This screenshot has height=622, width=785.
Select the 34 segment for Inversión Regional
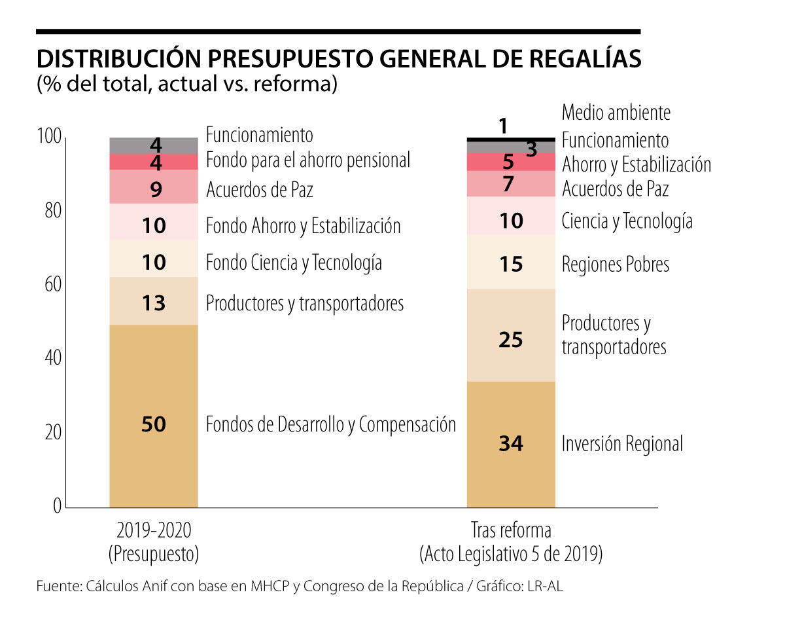click(511, 444)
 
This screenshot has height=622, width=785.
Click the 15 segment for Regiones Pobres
click(511, 263)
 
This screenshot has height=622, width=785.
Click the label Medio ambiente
click(616, 113)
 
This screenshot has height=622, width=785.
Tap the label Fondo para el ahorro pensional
click(308, 160)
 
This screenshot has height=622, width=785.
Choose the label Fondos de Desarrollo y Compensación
click(330, 424)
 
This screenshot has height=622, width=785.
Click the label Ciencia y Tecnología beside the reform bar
click(627, 221)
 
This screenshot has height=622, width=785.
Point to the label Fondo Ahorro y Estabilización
click(303, 227)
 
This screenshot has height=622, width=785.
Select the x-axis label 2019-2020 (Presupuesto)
click(154, 542)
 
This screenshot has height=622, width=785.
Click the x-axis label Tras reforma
click(511, 530)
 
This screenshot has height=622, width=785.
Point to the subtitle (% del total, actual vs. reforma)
click(187, 84)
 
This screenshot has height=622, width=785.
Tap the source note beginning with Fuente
click(300, 587)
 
